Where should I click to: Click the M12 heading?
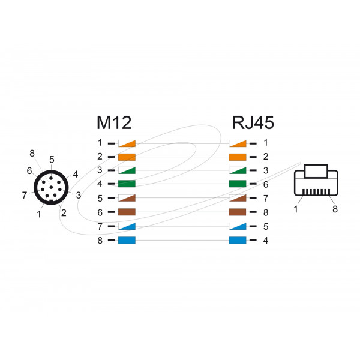tap(115, 122)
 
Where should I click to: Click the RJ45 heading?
tap(253, 122)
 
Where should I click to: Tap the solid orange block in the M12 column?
tap(127, 157)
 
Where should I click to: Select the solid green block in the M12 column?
tap(127, 184)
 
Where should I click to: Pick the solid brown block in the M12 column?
tap(127, 212)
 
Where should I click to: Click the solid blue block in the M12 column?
tap(127, 241)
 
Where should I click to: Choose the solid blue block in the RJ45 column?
tap(238, 241)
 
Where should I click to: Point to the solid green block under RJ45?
tap(238, 184)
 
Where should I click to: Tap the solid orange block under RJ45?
tap(238, 157)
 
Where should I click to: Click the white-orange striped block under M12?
tap(127, 143)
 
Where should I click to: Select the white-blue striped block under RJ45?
tap(238, 227)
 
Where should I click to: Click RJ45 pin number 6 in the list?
tap(265, 184)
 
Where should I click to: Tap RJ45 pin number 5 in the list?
tap(265, 227)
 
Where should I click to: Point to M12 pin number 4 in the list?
tap(100, 184)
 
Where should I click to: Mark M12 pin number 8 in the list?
tap(100, 241)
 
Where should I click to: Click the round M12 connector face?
tap(52, 188)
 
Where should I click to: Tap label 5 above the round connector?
tap(52, 160)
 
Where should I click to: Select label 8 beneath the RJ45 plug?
tap(335, 209)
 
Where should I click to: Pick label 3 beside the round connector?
tap(79, 194)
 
